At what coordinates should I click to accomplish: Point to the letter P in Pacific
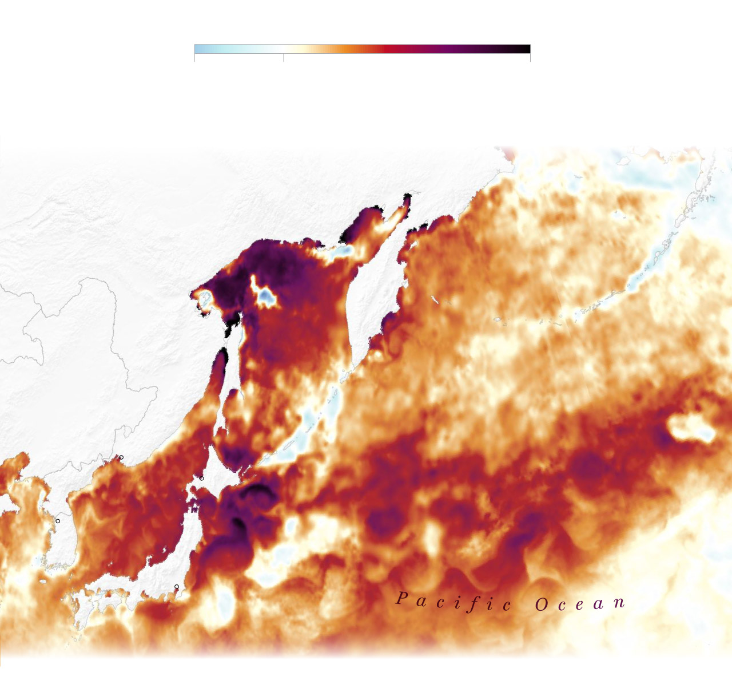[x=402, y=599]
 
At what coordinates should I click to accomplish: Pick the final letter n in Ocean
[x=618, y=602]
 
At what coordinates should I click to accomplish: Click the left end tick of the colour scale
[x=194, y=58]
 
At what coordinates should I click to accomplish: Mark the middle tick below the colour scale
[x=284, y=58]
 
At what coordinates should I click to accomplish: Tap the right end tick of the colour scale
[x=530, y=58]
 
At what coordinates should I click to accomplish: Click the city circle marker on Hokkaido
[x=201, y=478]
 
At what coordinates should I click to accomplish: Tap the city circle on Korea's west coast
[x=58, y=521]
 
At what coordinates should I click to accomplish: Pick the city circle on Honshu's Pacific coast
[x=177, y=587]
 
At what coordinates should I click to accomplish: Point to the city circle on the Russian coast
[x=121, y=457]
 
